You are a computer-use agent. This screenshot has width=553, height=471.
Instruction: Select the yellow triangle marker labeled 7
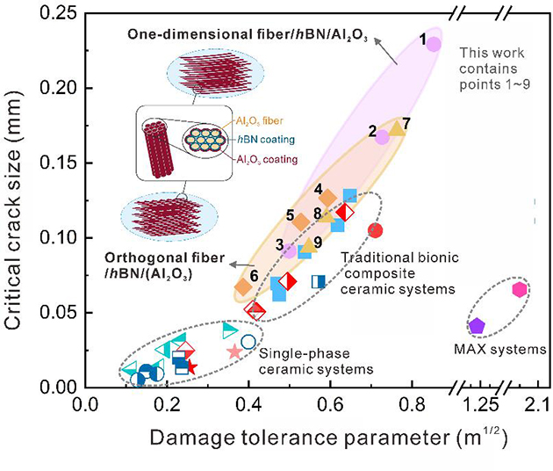click(x=396, y=128)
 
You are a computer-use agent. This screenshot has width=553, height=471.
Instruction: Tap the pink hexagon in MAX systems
click(x=519, y=289)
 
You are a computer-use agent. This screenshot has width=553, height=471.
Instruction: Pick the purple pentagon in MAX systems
click(x=477, y=326)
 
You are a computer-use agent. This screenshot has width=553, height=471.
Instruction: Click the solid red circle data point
click(x=376, y=230)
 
